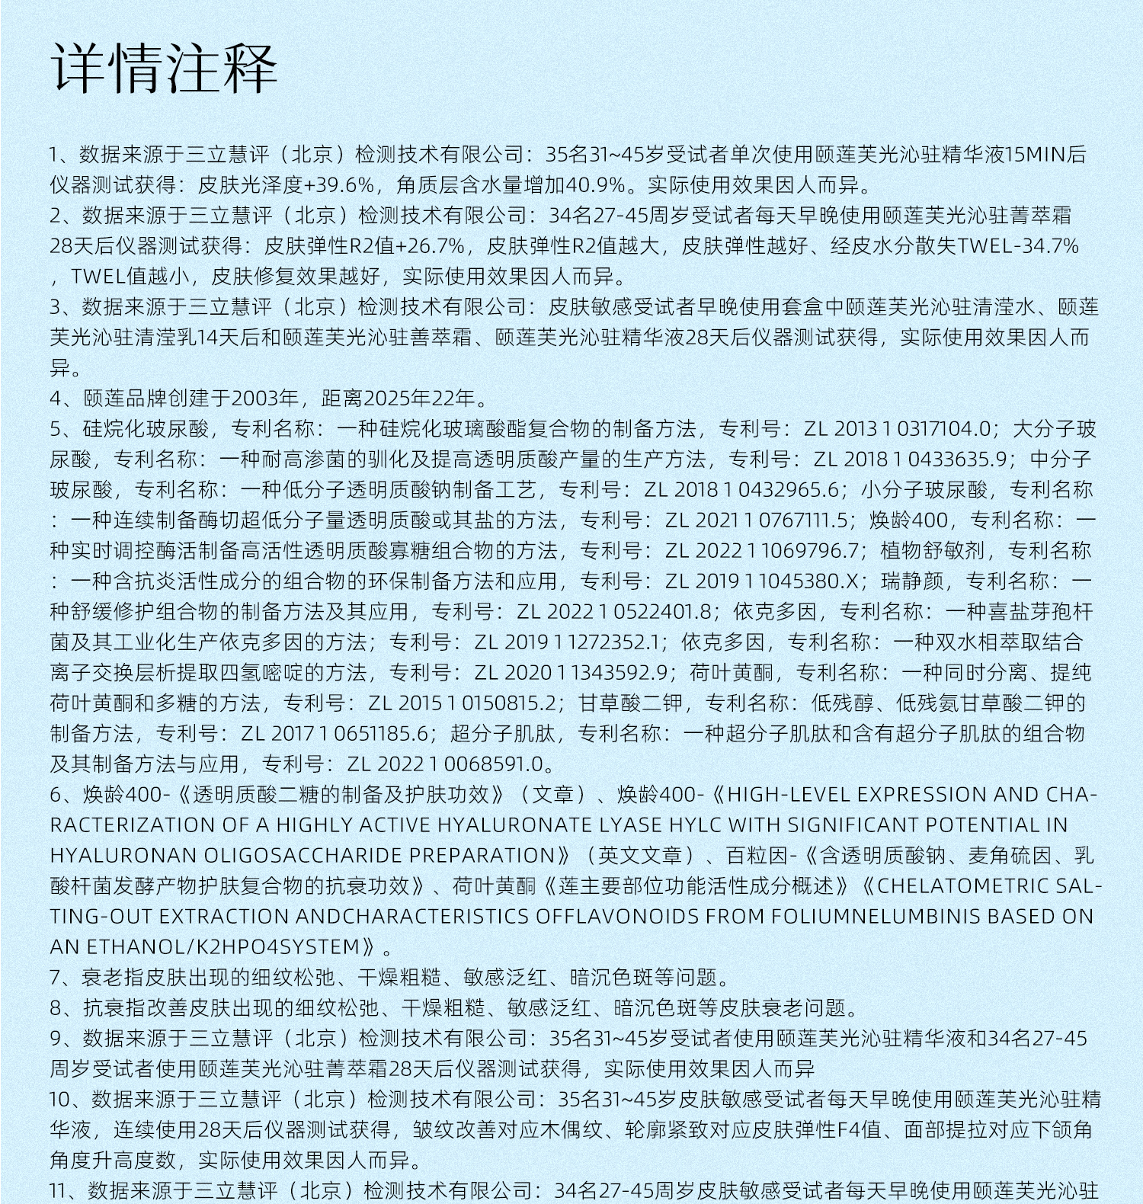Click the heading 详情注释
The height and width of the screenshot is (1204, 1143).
click(x=164, y=69)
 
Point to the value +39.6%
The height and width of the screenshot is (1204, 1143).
click(x=339, y=186)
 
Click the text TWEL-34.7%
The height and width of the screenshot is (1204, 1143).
click(x=1018, y=247)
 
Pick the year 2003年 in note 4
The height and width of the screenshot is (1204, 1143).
click(x=264, y=399)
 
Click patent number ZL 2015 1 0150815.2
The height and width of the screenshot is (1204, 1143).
click(x=462, y=703)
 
